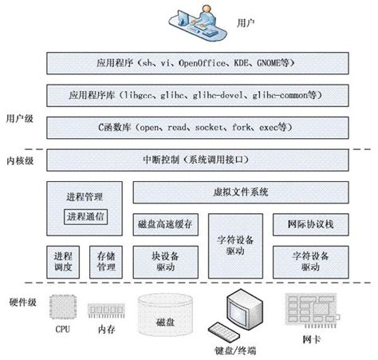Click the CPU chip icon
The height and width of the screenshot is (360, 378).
click(63, 308)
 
